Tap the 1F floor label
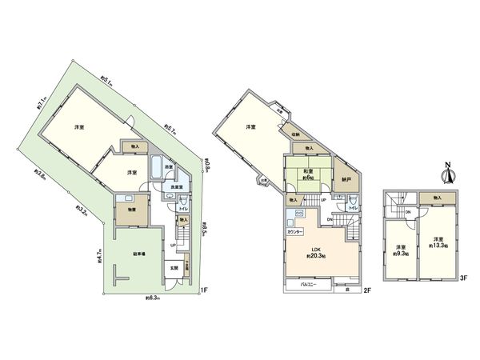coord(204,289)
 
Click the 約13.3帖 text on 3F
coord(438,243)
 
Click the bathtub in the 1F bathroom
coord(168,170)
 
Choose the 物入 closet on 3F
coord(437,197)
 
